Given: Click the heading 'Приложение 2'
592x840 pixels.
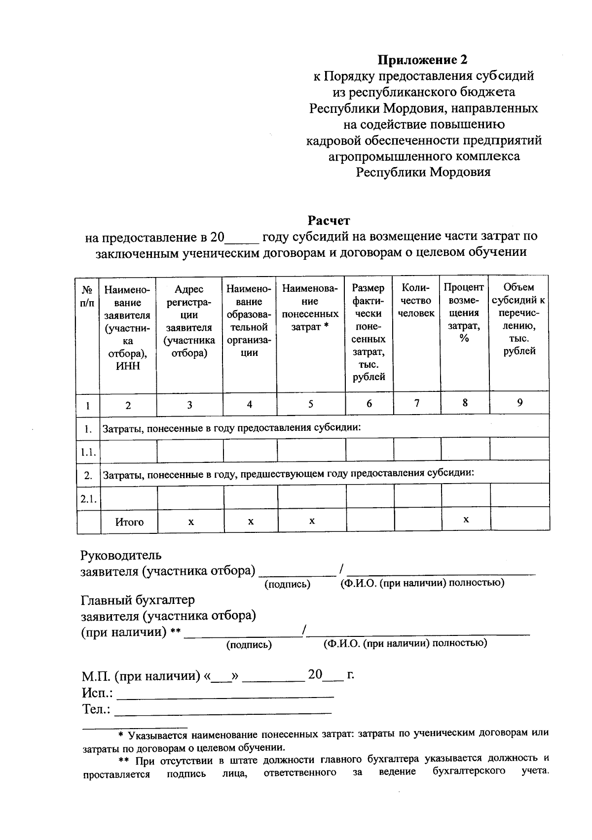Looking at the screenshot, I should tap(422, 60).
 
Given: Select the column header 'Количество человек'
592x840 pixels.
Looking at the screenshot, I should tap(416, 300).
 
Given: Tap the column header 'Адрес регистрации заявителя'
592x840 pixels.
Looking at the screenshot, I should tap(189, 321).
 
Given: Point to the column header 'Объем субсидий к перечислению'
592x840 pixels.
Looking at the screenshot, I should tap(518, 319).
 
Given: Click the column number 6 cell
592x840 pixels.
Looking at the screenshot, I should tap(369, 404).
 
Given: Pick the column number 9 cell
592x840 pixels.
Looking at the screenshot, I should tap(519, 403).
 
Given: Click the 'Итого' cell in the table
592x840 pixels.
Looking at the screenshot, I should tap(129, 522).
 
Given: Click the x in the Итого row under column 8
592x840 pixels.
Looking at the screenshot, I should tap(466, 520).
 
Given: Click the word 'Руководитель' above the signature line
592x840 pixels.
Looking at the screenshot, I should tap(121, 555).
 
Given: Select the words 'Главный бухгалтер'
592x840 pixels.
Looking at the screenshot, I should tap(138, 600).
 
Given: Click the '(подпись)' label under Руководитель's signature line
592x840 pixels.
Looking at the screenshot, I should tap(287, 585).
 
